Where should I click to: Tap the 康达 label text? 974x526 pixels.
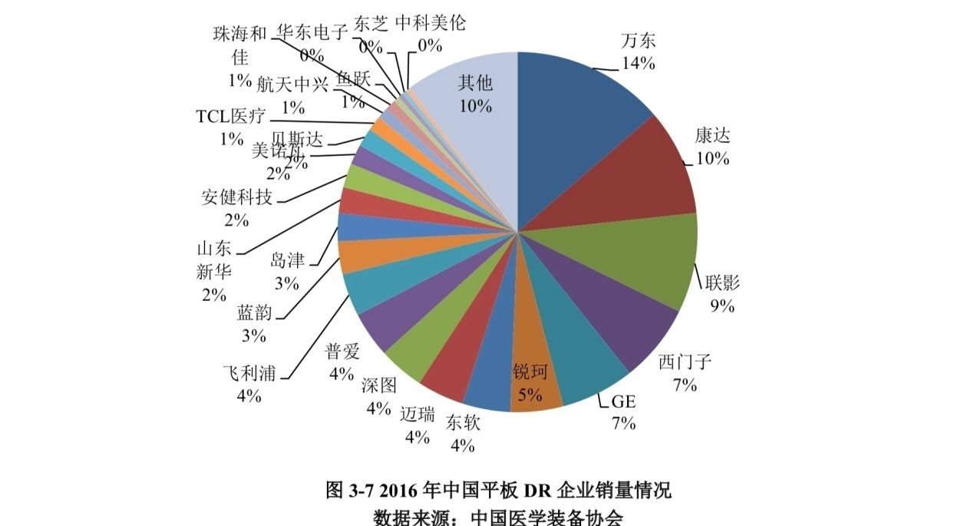coord(712,137)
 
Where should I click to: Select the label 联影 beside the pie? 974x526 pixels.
coord(722,283)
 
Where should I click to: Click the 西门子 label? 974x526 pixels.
coord(685,362)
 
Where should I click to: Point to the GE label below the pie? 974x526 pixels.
coord(623,402)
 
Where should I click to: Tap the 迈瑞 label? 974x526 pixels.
coord(417,415)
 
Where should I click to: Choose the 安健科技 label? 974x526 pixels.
coord(236,197)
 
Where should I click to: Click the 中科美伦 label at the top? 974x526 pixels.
coord(431,23)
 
